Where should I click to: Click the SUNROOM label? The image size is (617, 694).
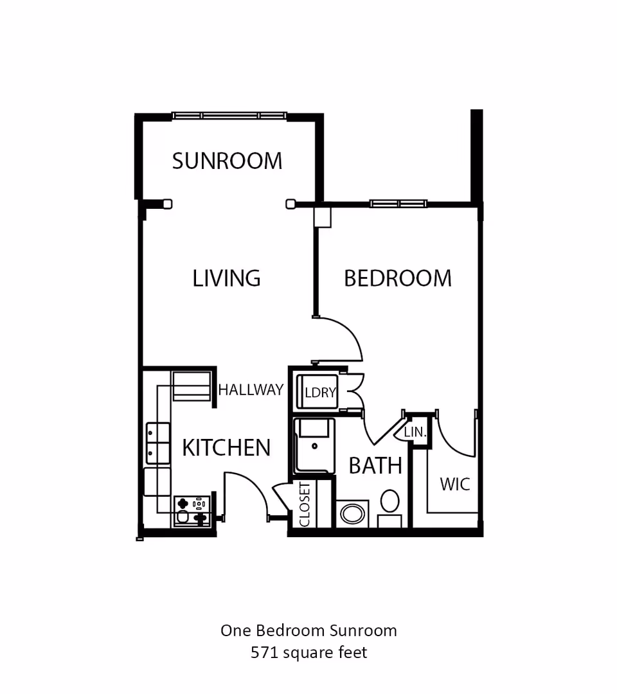pyautogui.click(x=227, y=161)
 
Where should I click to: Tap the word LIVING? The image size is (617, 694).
pyautogui.click(x=226, y=278)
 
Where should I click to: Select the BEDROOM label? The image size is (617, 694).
pyautogui.click(x=397, y=278)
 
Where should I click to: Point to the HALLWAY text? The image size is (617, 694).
pyautogui.click(x=251, y=390)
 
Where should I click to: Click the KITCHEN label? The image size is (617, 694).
pyautogui.click(x=226, y=448)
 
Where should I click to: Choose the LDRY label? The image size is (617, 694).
pyautogui.click(x=319, y=393)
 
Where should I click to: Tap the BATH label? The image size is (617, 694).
pyautogui.click(x=375, y=465)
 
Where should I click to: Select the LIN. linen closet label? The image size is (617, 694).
pyautogui.click(x=416, y=432)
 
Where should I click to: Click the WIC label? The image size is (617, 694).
pyautogui.click(x=454, y=484)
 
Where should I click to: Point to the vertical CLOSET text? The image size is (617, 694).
pyautogui.click(x=304, y=504)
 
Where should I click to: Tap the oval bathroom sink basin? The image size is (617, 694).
pyautogui.click(x=352, y=513)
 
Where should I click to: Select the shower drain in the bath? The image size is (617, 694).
pyautogui.click(x=314, y=445)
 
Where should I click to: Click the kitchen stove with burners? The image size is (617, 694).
pyautogui.click(x=192, y=511)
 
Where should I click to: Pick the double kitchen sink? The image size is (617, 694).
pyautogui.click(x=158, y=443)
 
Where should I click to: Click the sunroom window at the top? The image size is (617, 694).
pyautogui.click(x=229, y=116)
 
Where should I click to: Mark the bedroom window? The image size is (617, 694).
pyautogui.click(x=398, y=204)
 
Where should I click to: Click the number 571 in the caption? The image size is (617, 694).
pyautogui.click(x=264, y=653)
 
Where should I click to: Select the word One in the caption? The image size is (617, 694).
pyautogui.click(x=235, y=630)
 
